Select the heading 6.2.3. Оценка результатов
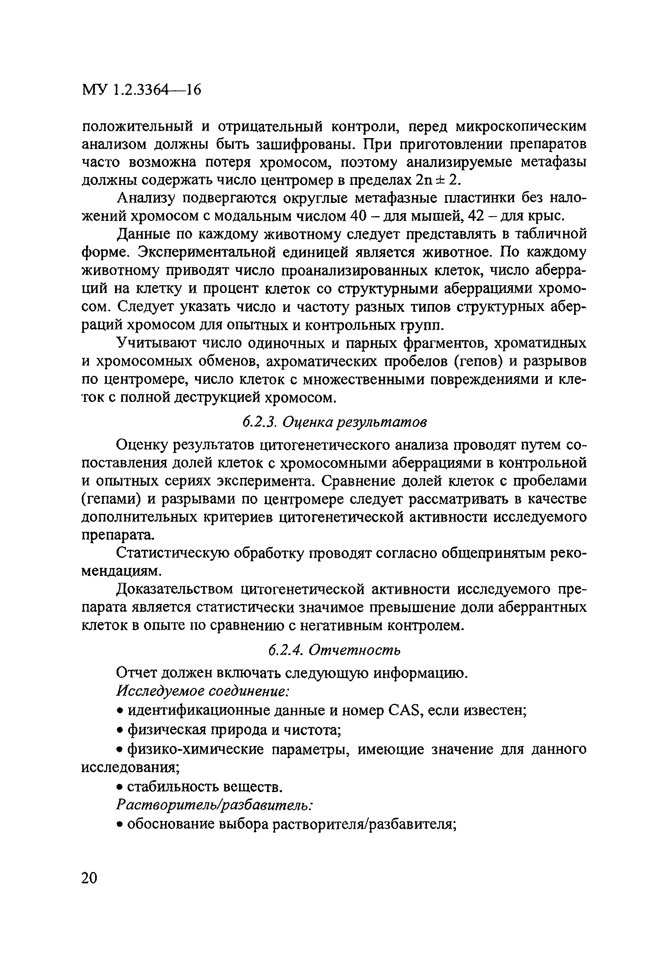click(x=335, y=423)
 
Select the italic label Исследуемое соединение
click(x=203, y=691)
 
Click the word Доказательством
click(x=175, y=590)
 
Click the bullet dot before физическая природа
click(x=119, y=730)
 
